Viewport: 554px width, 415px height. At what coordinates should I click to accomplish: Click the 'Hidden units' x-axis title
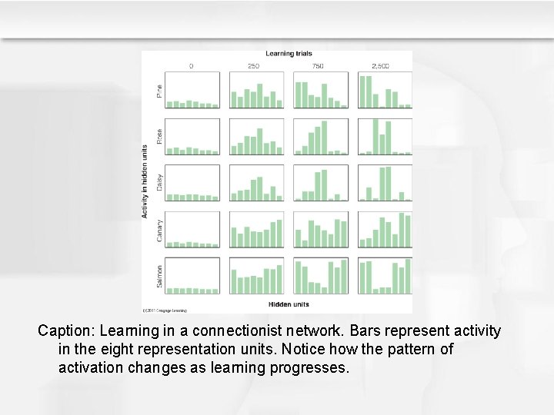289,304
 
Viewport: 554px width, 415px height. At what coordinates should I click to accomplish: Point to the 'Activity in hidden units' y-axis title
145,181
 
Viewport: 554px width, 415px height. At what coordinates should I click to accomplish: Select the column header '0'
192,66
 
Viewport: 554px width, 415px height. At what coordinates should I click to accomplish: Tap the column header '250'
255,66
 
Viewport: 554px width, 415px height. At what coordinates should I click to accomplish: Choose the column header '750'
319,66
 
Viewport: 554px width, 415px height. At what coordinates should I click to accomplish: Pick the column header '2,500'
382,66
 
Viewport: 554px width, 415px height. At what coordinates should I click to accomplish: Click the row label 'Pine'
159,91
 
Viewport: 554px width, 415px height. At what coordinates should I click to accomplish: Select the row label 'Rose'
159,137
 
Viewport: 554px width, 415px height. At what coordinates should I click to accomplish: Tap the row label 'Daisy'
159,182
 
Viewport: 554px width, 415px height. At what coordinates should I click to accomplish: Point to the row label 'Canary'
159,229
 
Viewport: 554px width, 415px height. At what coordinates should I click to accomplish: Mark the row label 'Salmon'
159,276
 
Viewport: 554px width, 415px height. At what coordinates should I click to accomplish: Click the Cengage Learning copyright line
165,310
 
